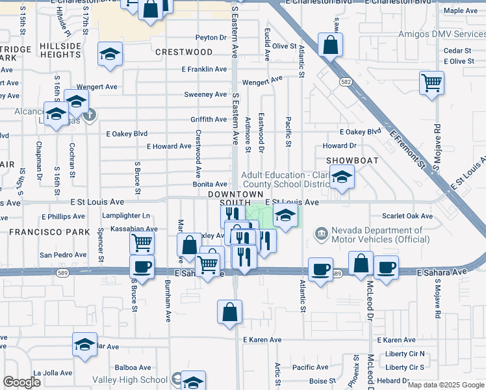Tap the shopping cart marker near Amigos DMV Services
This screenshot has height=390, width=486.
(x=431, y=84)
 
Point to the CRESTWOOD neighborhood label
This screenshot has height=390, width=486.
(x=184, y=51)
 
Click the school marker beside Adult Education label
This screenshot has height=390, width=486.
(x=340, y=177)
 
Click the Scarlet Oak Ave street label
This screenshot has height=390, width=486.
(x=407, y=216)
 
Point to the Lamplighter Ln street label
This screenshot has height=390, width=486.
(x=126, y=215)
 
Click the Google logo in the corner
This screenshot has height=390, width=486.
(x=22, y=382)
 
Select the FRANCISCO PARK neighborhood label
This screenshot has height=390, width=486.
(x=45, y=231)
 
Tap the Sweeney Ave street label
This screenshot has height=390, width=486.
(x=205, y=94)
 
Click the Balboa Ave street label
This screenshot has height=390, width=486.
(x=133, y=367)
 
